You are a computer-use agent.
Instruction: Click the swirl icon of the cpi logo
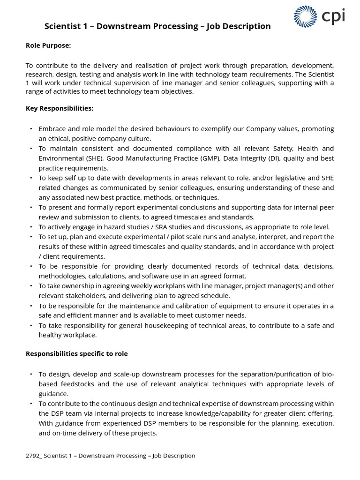tap(305, 16)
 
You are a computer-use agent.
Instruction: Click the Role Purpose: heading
tap(48, 45)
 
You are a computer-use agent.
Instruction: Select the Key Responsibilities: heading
tap(60, 108)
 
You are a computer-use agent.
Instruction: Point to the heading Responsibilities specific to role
tap(76, 354)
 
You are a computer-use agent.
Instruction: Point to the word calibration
tap(190, 306)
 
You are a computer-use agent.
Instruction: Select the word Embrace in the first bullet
tap(52, 129)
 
